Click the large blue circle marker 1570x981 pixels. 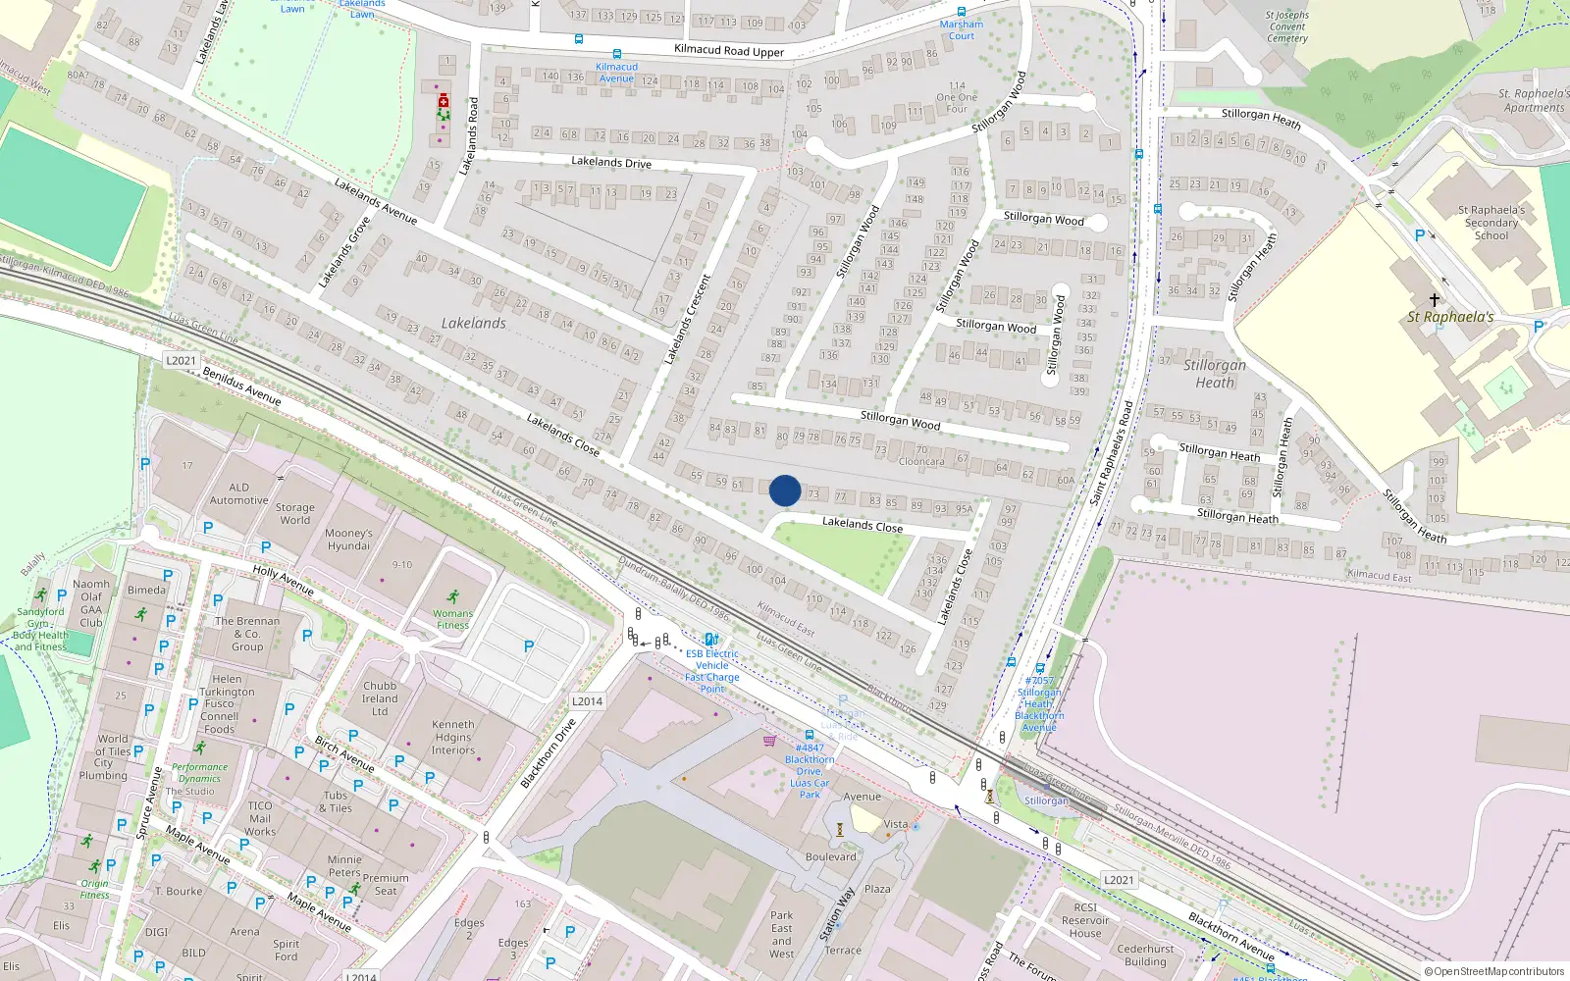click(785, 490)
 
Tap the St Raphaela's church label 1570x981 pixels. click(1450, 317)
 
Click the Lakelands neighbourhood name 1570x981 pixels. click(474, 323)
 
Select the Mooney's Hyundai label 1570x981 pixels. click(348, 540)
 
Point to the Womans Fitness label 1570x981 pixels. click(452, 619)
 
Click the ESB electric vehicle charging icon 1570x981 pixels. click(711, 640)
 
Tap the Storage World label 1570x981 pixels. click(294, 514)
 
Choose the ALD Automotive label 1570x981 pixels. click(238, 493)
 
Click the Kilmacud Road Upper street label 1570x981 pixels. click(728, 50)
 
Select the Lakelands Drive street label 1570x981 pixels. click(610, 162)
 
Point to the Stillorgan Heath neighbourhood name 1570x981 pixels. click(1215, 374)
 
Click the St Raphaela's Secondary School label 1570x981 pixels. click(1491, 223)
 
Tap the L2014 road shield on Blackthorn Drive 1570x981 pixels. click(587, 701)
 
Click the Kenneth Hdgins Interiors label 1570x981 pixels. click(452, 738)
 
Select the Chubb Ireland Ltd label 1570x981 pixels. click(380, 698)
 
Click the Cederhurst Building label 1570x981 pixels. click(1145, 955)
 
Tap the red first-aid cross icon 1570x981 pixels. click(444, 101)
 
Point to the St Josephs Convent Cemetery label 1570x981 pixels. click(1286, 26)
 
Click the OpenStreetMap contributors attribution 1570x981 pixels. click(1493, 971)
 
